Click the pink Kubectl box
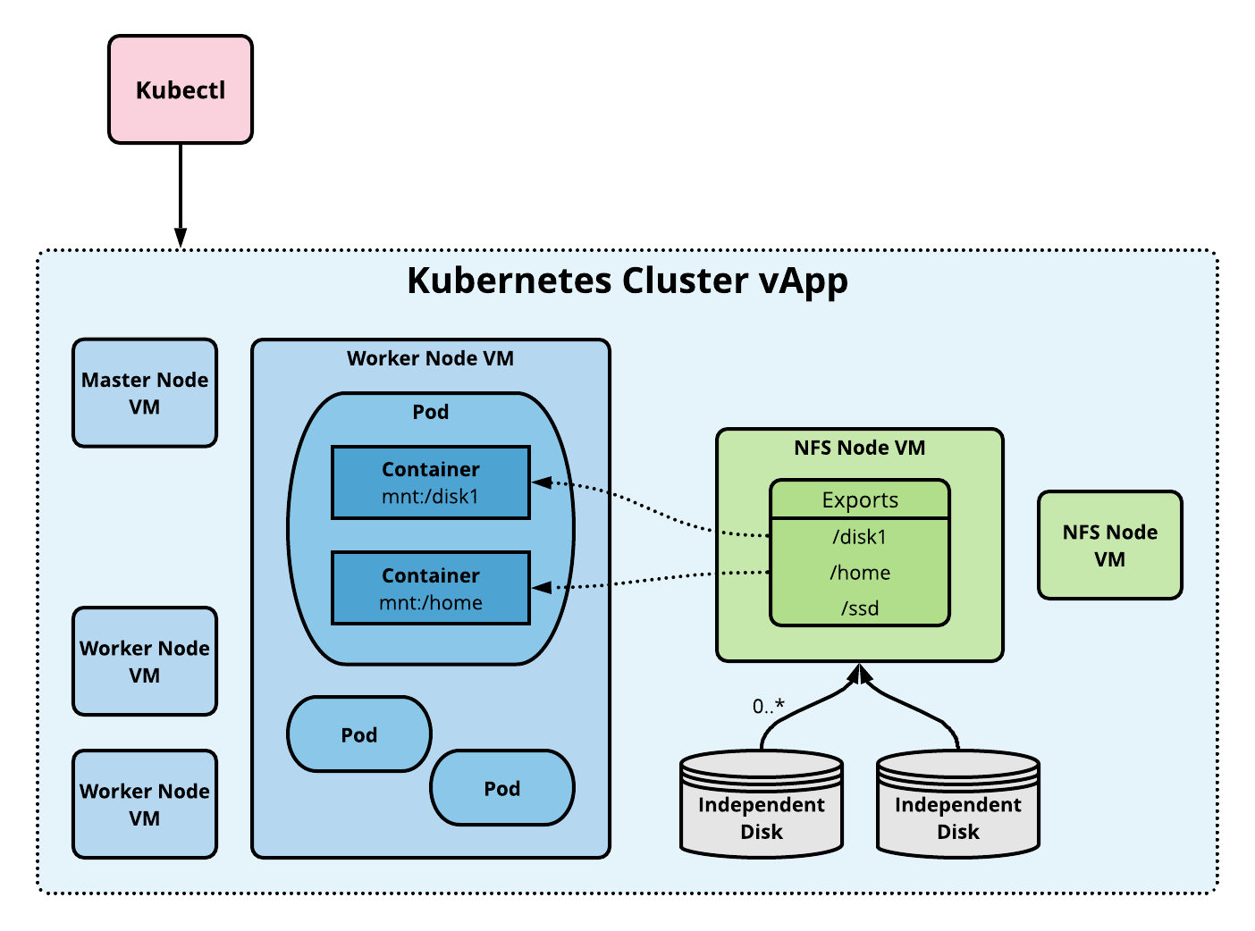[x=181, y=89]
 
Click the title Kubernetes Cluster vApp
[x=627, y=281]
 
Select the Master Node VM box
[x=145, y=393]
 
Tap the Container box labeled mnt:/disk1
[x=431, y=482]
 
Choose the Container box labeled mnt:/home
[x=431, y=589]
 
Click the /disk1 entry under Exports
[x=859, y=537]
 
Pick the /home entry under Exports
[x=859, y=573]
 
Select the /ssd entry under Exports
[x=859, y=608]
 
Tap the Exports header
[x=859, y=499]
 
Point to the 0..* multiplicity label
[x=768, y=707]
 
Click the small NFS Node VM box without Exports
[x=1109, y=545]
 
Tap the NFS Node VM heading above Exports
[x=859, y=448]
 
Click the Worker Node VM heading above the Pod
[x=430, y=358]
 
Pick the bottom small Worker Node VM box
[x=145, y=804]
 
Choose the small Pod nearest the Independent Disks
[x=501, y=788]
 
